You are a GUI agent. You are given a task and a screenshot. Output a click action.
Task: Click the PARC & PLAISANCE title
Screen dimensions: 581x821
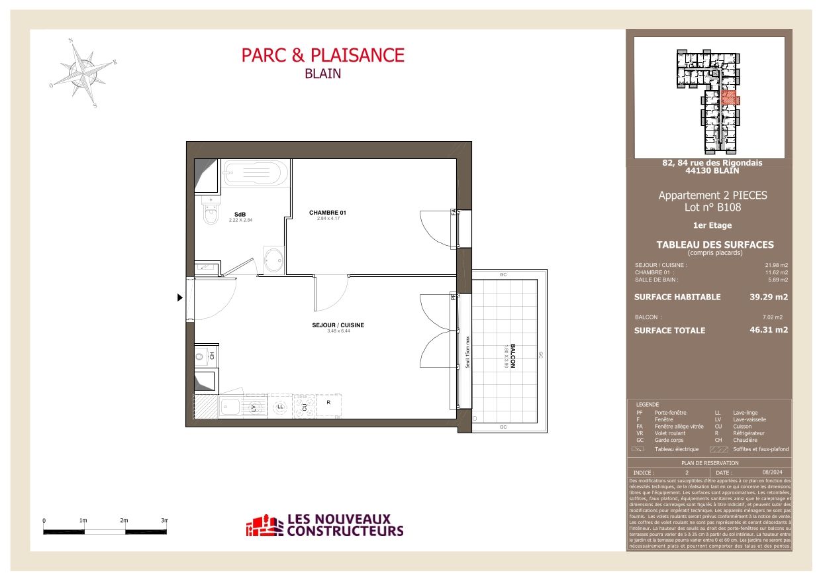click(322, 55)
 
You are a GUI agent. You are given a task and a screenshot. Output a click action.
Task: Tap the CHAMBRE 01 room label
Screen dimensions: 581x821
click(328, 213)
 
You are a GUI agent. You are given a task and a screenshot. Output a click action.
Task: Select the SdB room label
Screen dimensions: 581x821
click(240, 215)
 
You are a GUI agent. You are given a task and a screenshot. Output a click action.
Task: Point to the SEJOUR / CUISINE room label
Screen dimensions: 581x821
click(338, 325)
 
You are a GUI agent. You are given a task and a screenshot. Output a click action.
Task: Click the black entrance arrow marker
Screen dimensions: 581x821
click(179, 298)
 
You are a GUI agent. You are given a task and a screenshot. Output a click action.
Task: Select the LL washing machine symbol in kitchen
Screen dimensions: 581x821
click(280, 406)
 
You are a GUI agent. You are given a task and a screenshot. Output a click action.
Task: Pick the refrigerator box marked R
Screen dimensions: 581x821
click(328, 405)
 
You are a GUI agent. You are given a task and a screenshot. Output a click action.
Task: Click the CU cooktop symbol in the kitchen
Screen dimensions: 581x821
click(305, 406)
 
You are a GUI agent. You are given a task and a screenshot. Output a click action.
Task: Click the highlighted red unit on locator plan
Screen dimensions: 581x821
click(729, 98)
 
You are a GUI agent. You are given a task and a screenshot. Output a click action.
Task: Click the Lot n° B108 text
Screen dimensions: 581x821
click(712, 207)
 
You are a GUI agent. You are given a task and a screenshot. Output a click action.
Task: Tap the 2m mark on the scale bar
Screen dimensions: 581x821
click(124, 521)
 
